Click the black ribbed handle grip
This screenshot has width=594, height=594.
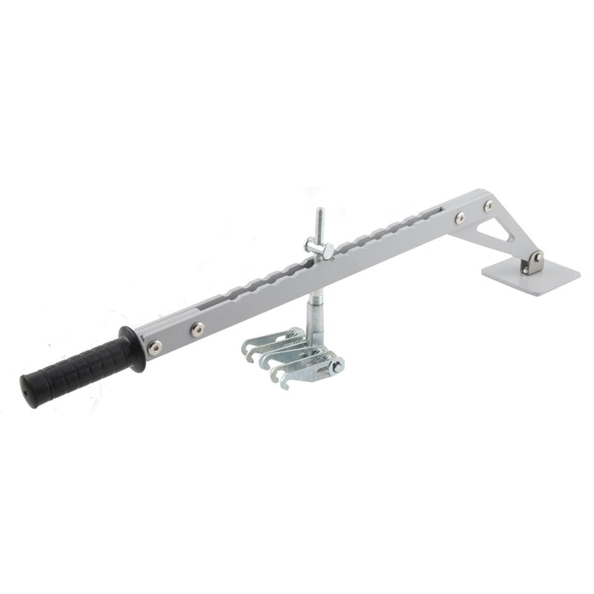point(78,369)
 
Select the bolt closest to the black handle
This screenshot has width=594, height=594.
point(154,347)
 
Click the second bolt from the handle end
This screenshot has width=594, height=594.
point(197,329)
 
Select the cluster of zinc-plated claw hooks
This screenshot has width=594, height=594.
point(293,355)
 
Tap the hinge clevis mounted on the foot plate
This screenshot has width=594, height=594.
point(535,263)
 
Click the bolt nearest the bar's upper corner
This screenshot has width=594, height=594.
point(488,205)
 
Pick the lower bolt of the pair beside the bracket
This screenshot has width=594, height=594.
point(460,218)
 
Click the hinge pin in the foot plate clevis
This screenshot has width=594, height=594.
point(537,257)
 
